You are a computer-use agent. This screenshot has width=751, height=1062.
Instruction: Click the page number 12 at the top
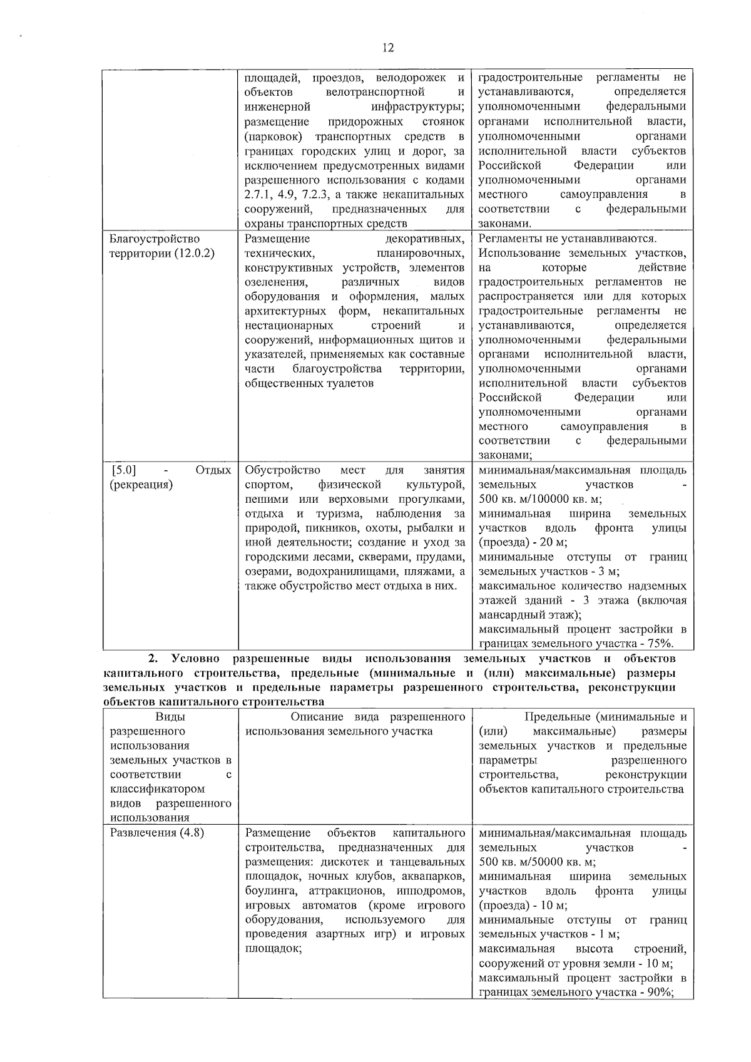[387, 48]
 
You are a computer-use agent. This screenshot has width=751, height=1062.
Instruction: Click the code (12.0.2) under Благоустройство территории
[188, 253]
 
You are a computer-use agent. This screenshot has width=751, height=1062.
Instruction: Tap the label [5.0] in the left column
[123, 470]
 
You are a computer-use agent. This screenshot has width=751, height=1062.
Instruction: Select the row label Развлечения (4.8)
[156, 833]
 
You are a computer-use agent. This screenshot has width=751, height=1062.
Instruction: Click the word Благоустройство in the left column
[154, 239]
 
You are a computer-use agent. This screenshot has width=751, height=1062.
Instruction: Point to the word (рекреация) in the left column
[141, 485]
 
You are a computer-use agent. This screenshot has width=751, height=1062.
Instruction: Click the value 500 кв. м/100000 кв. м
[540, 499]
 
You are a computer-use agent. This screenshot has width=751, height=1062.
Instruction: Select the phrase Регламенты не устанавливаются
[567, 239]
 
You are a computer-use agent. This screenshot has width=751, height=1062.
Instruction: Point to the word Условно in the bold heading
[195, 659]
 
